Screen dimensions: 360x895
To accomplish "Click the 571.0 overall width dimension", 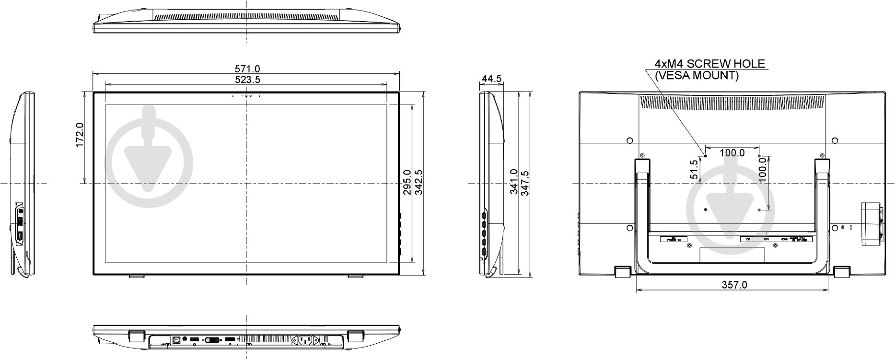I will point(247,70).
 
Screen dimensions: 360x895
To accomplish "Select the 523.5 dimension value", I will point(247,80).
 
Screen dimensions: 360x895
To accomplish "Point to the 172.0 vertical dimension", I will point(80,135).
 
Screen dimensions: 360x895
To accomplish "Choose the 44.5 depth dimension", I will point(492,79).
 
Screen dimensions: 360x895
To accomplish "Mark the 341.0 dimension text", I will point(513,182).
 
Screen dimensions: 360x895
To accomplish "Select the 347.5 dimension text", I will point(525,183).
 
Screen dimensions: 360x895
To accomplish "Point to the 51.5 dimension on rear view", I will point(694,169).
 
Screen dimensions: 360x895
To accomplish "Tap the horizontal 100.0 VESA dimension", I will point(732,153).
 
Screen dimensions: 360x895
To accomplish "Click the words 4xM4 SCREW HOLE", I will point(710,64).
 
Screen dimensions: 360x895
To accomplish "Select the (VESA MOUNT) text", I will point(697,75).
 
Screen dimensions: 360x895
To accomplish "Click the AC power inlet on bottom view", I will point(305,340).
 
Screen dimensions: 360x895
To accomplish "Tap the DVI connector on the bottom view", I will point(213,340).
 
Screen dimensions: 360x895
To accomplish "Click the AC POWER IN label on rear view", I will point(673,239).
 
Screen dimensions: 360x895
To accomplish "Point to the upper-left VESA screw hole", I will point(706,155).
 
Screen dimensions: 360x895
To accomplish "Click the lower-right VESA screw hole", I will point(759,209).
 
